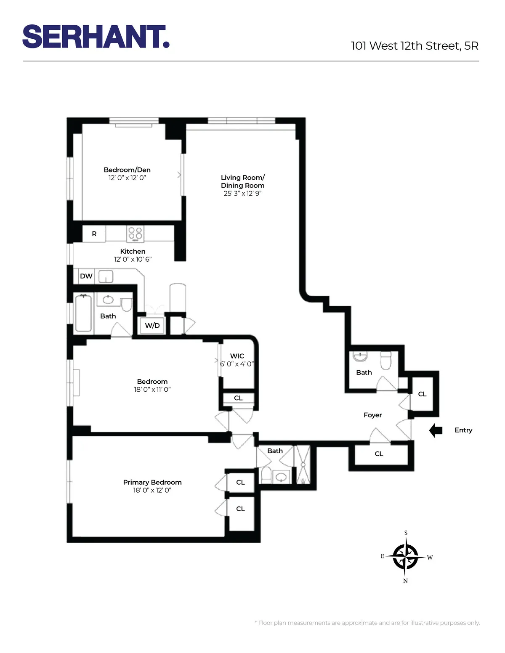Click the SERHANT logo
pos(96,37)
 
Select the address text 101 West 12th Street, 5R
pos(415,46)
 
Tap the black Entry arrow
pos(436,430)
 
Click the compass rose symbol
pos(405,557)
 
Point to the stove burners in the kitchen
pos(135,233)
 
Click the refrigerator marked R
pos(94,234)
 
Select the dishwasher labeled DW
pos(86,276)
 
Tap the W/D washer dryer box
pos(152,326)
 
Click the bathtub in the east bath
pos(83,313)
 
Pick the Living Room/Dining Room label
pos(243,181)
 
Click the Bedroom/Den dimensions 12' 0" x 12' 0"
pos(127,178)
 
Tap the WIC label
pos(237,356)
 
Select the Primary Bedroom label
pos(152,482)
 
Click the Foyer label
pos(373,415)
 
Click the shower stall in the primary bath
pos(303,464)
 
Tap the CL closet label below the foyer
pos(379,454)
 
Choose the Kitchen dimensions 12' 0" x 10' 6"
pos(133,259)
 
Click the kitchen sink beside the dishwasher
pos(106,276)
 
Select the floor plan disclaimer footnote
pos(367,623)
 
